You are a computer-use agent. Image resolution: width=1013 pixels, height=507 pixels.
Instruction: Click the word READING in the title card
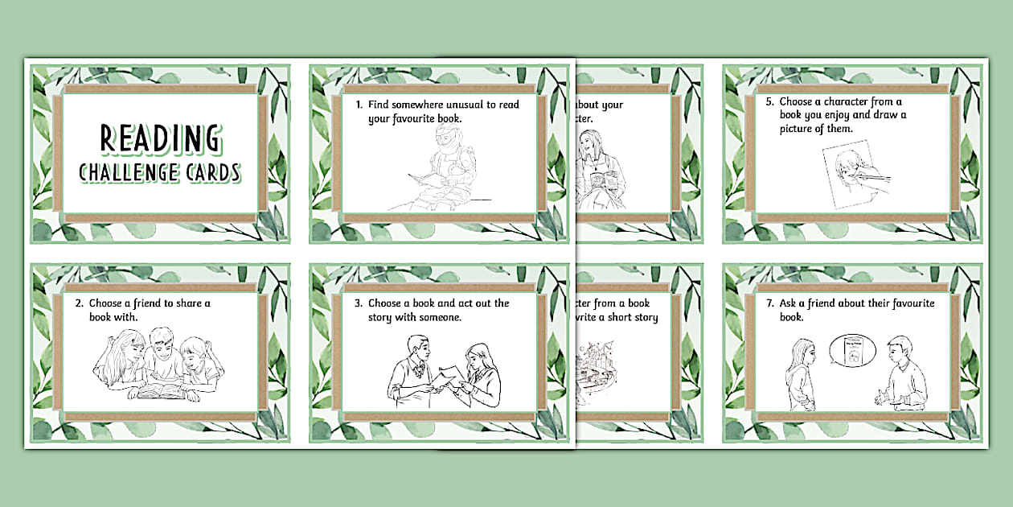click(159, 138)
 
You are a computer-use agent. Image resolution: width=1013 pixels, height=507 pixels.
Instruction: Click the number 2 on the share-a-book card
click(80, 303)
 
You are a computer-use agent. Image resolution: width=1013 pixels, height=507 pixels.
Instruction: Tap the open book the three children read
click(161, 392)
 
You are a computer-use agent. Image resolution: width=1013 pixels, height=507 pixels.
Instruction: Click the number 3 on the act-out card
click(358, 303)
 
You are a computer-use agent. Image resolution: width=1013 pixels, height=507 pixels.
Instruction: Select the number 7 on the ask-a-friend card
click(769, 303)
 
